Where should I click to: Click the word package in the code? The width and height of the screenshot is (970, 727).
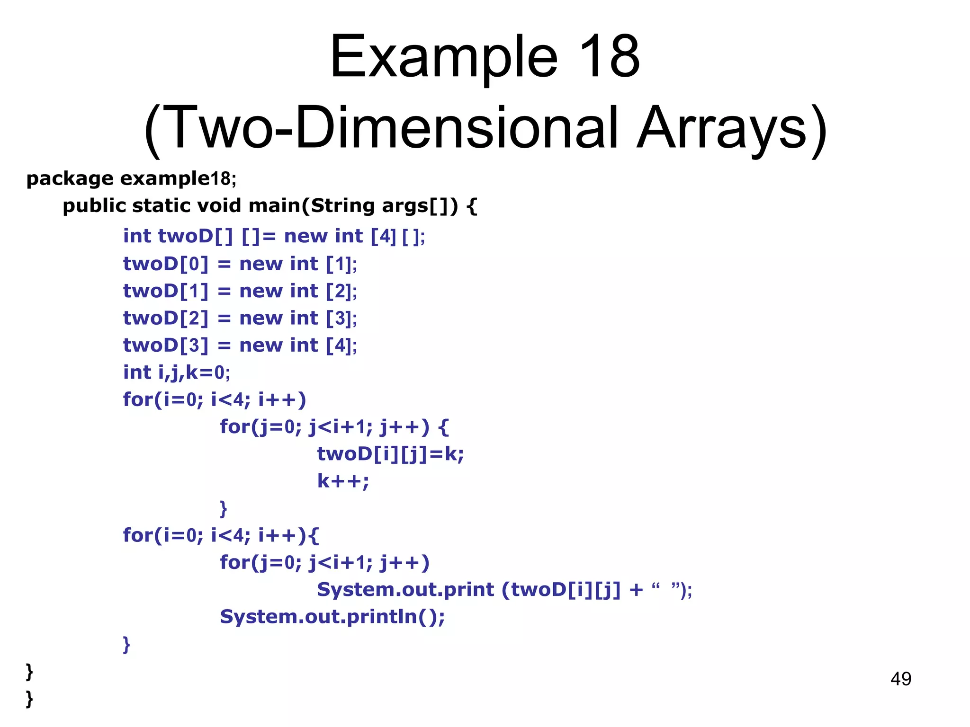click(70, 179)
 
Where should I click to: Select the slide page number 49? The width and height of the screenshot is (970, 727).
click(900, 679)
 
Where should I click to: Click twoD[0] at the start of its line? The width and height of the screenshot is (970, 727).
click(165, 264)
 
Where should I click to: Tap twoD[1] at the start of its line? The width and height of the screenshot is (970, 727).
click(165, 291)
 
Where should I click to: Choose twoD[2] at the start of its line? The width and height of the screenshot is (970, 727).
click(165, 318)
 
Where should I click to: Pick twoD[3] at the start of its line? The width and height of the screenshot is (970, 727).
click(165, 346)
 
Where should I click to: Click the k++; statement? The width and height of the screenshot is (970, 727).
click(343, 481)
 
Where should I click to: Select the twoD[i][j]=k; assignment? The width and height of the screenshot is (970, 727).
click(390, 454)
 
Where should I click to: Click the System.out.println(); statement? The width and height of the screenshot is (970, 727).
click(332, 617)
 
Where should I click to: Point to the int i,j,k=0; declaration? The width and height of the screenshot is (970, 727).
click(176, 372)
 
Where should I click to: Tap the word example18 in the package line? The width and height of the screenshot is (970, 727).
click(175, 179)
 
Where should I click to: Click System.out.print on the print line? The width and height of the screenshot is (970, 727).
click(405, 590)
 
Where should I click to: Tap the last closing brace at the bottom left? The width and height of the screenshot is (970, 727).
click(29, 699)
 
